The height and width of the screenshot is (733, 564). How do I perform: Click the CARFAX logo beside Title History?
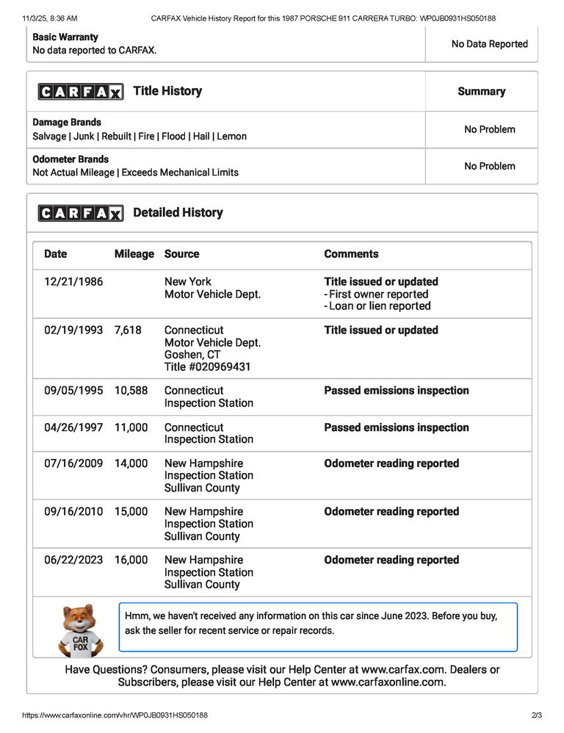point(81,92)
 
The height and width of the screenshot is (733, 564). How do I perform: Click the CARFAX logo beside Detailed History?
point(81,213)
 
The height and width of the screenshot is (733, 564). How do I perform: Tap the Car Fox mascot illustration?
point(80,629)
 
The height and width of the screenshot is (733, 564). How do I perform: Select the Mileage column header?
point(134,254)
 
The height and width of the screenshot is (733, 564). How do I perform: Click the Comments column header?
point(351,254)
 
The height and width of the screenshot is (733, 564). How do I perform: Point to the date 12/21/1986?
point(73,282)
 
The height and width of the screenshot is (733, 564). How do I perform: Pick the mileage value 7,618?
point(128,331)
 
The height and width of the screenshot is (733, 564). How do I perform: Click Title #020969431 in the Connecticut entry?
point(207,366)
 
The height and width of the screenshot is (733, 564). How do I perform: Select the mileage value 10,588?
point(131,391)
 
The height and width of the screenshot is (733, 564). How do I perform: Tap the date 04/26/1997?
point(73,427)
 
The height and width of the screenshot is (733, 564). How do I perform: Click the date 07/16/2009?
point(73,463)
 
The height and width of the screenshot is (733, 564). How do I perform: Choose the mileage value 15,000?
point(131,512)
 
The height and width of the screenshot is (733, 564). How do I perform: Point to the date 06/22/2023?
point(73,560)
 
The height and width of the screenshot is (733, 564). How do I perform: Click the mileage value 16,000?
point(131,560)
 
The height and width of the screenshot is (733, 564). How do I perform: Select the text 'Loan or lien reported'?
point(380,306)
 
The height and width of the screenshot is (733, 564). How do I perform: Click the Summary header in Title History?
point(481,92)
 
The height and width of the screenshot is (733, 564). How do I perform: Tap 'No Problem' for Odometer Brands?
point(489,166)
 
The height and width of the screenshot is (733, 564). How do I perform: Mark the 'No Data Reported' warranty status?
point(489,44)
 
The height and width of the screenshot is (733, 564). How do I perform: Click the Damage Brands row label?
point(67,123)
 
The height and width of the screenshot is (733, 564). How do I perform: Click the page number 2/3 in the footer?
point(535,715)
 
